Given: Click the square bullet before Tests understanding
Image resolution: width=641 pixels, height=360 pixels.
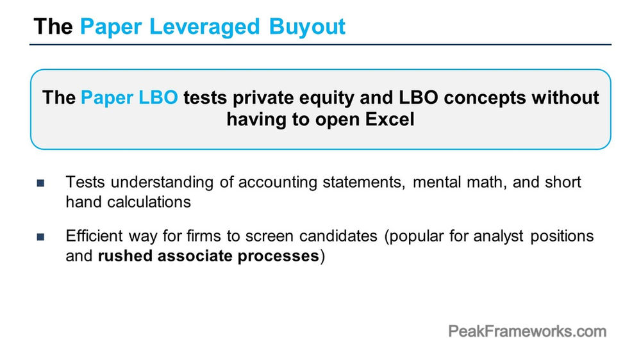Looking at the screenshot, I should [40, 183].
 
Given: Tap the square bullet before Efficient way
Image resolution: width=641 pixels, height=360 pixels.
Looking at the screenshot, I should [40, 237].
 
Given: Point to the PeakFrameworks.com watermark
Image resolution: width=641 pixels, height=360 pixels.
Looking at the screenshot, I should [526, 331].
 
